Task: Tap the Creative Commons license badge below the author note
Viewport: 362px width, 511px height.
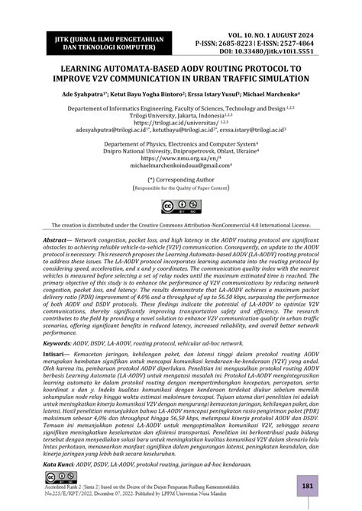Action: coord(181,207)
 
